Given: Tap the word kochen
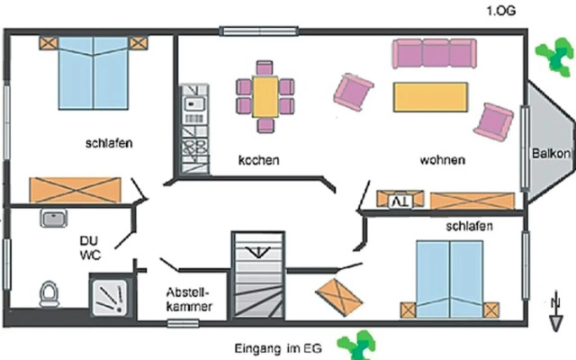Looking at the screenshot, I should click(258, 160).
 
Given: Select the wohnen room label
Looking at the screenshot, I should click(442, 160).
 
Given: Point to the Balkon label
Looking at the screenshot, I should click(550, 153).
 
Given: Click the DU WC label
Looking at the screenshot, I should click(89, 247).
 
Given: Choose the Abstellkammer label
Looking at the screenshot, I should click(189, 301).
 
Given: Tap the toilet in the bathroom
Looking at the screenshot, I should click(50, 292).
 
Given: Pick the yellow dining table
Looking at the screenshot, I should click(265, 95).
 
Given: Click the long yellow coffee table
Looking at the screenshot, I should click(430, 96).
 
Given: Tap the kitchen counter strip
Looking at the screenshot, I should click(193, 128).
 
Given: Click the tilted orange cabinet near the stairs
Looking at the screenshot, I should click(337, 296).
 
